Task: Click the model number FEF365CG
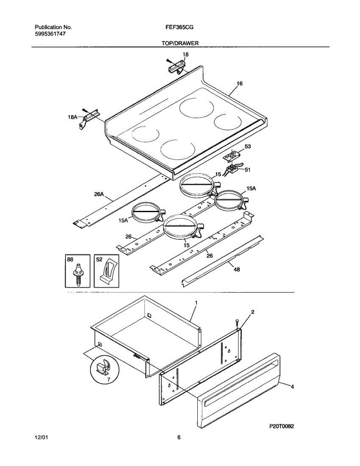179,28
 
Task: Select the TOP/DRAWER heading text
180,43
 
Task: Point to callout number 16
239,83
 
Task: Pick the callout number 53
247,146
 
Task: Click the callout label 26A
99,195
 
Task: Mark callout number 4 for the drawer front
292,386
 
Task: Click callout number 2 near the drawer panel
252,312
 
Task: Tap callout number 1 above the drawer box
196,302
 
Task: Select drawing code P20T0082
282,426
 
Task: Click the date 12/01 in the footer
42,438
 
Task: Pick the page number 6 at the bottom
179,438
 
